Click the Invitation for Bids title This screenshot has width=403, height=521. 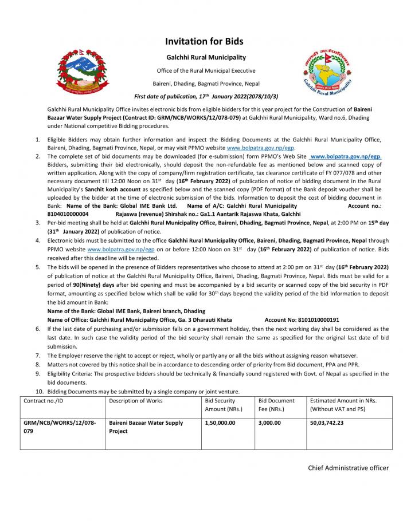(x=204, y=41)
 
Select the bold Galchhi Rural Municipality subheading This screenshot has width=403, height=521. (x=206, y=57)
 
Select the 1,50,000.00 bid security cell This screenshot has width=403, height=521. (x=220, y=423)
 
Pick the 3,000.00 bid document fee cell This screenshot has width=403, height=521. (x=269, y=423)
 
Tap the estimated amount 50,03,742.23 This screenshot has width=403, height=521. (x=331, y=423)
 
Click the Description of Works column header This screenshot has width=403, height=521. (x=136, y=401)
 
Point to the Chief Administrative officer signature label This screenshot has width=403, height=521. (x=348, y=468)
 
